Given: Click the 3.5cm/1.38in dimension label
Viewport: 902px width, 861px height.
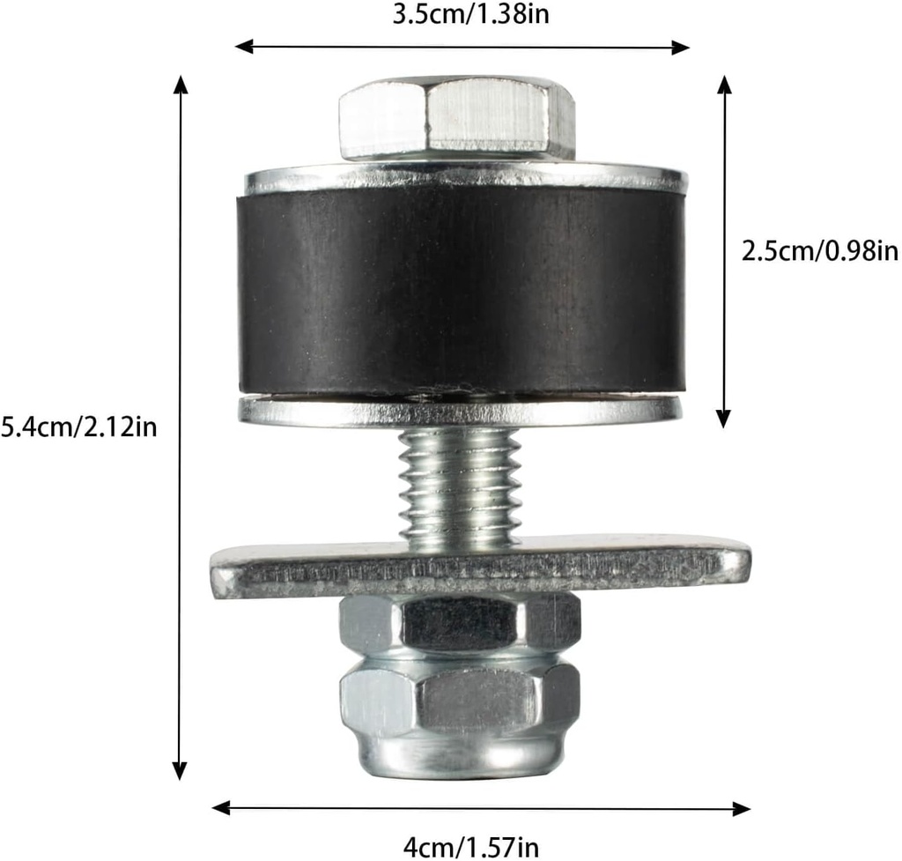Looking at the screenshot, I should click(462, 15).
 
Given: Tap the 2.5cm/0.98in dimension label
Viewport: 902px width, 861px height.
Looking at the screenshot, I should click(820, 251).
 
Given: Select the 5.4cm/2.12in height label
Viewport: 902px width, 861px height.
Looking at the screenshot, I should click(79, 427).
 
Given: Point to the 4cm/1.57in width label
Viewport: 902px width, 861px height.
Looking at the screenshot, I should click(470, 848).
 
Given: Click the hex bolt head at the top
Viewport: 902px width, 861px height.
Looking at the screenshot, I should click(457, 117).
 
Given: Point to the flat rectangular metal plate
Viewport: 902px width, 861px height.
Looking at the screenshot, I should click(480, 568).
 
